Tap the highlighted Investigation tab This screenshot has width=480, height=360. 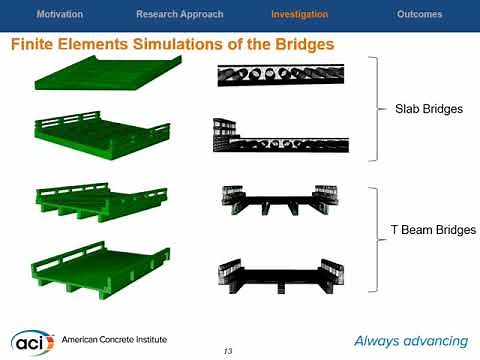click(299, 15)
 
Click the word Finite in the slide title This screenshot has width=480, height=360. click(35, 46)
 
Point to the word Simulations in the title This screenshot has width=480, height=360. click(179, 46)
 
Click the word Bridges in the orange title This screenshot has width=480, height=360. click(299, 46)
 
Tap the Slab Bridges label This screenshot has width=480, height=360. click(422, 109)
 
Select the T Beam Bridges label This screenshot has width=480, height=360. click(432, 231)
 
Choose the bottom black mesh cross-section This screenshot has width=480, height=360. click(282, 272)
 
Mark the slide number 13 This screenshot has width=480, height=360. click(228, 350)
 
